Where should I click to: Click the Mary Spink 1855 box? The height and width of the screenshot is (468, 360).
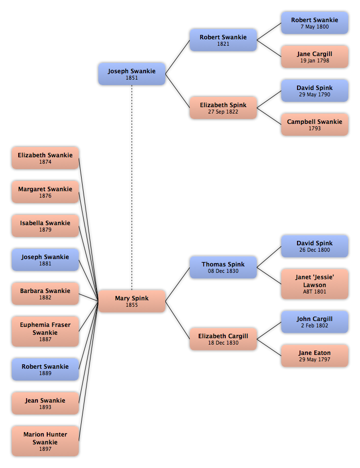click(132, 301)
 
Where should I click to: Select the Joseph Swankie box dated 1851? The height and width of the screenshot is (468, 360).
click(132, 74)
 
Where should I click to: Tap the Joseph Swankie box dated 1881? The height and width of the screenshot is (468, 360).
click(45, 260)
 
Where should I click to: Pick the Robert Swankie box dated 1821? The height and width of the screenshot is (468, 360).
click(223, 40)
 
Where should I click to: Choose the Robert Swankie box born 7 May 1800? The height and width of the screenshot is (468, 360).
click(315, 23)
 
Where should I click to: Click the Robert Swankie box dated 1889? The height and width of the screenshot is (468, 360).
click(45, 369)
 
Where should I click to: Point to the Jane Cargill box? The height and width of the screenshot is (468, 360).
click(315, 57)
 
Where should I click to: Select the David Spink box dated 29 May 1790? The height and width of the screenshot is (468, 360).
click(315, 91)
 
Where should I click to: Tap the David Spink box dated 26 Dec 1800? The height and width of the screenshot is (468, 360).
click(315, 246)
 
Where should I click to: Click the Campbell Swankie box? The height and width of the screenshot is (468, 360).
click(315, 124)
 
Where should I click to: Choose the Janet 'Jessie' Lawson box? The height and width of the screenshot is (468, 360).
click(315, 284)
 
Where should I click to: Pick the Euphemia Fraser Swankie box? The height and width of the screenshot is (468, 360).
click(45, 331)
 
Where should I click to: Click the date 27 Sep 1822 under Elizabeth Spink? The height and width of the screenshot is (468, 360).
click(223, 112)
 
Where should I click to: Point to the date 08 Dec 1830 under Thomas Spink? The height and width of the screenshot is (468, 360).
click(223, 271)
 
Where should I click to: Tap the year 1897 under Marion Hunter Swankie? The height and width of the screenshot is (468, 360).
click(45, 449)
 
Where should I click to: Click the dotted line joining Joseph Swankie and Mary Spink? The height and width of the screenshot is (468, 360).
click(132, 187)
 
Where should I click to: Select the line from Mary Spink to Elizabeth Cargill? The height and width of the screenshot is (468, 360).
click(178, 320)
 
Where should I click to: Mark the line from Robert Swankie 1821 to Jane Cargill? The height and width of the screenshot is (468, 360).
click(269, 48)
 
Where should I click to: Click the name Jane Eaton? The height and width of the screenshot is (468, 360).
click(315, 353)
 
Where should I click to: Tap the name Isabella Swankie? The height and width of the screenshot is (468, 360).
click(45, 223)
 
